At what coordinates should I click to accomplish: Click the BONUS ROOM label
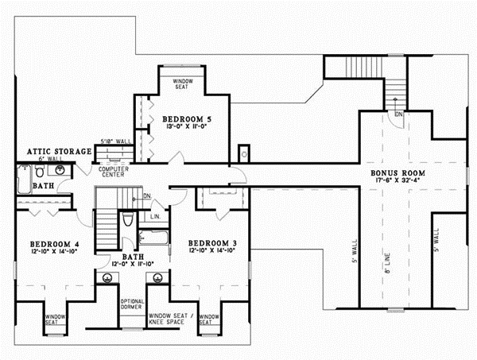coord(401,172)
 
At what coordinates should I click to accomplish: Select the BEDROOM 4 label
coord(47,243)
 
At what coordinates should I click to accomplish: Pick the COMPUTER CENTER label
coord(114,171)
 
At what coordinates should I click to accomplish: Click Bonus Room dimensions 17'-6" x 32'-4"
coord(401,181)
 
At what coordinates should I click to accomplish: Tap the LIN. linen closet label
coord(155,216)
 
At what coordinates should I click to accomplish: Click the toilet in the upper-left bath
coord(38,171)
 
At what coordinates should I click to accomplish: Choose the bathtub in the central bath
coord(152,236)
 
